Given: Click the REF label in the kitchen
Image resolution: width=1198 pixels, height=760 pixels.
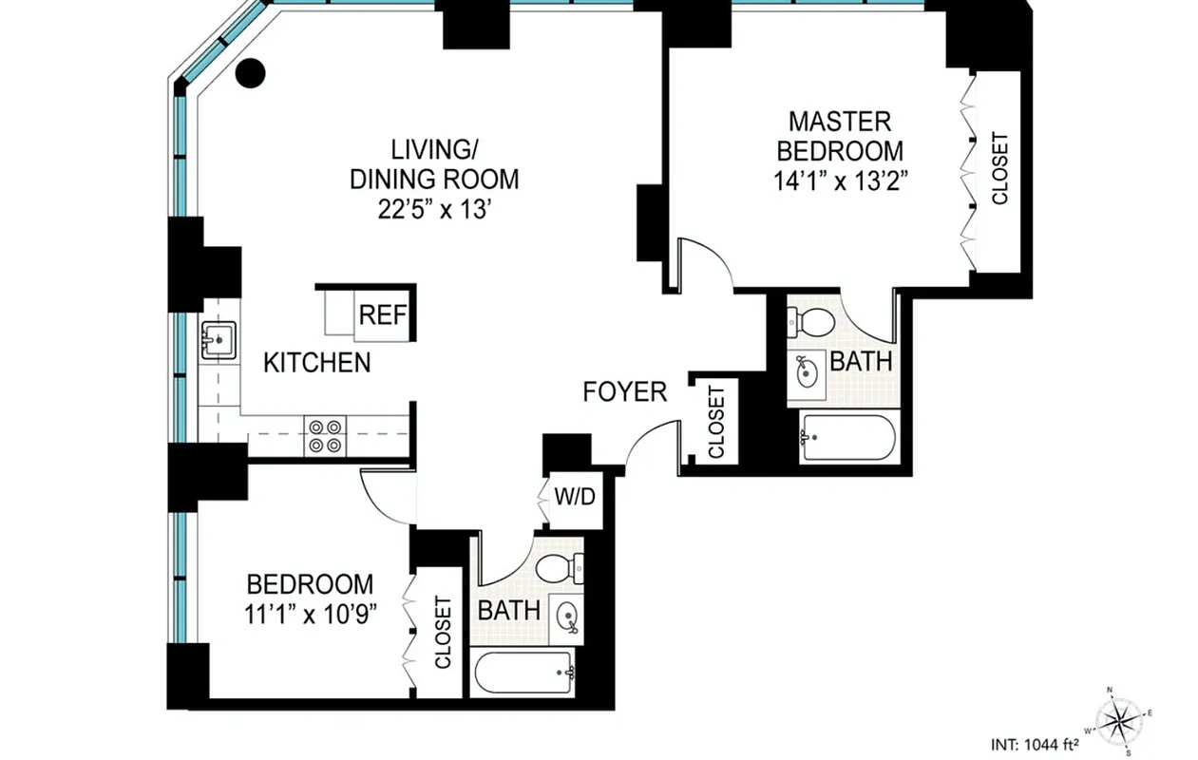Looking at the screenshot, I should pos(383,315).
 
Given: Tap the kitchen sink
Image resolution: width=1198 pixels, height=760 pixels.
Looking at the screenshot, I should pos(218,339).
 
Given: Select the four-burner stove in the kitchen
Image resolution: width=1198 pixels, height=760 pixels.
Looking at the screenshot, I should pos(326,434).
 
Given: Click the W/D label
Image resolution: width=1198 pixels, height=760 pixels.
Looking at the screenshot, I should pos(576,497).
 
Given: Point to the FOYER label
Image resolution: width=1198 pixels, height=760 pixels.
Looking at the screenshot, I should pos(624,391).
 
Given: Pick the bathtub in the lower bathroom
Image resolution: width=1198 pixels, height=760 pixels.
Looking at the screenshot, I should pos(525,673).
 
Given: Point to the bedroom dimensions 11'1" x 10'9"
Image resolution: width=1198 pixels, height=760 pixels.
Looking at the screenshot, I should pos(310,613).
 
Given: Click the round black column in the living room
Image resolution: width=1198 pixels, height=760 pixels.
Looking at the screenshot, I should pos(250,73).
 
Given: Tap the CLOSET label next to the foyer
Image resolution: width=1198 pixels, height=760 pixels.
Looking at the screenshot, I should pos(716,421).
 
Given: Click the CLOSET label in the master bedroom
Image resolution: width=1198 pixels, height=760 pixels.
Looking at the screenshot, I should pos(999,168).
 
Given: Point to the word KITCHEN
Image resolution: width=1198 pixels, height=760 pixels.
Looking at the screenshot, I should pos(316,363).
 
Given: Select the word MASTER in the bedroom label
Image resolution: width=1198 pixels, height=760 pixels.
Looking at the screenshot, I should pos(841,122).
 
